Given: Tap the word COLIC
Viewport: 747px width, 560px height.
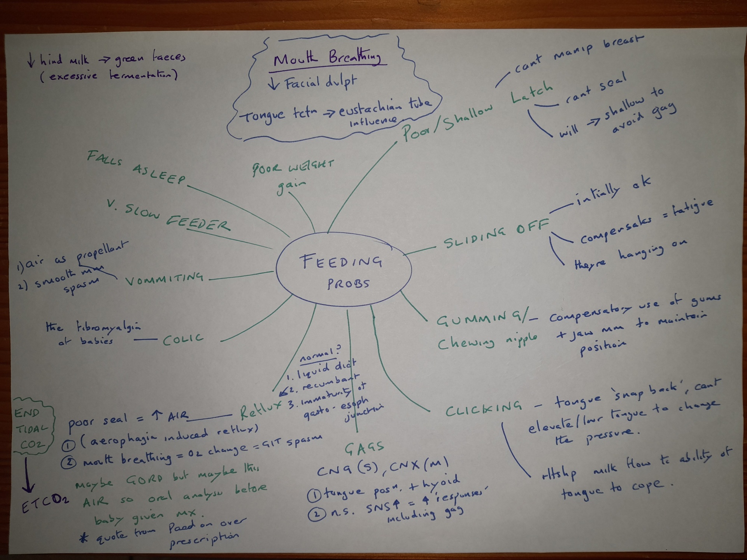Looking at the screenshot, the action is click(x=183, y=339).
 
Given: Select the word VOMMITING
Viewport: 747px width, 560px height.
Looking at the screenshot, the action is click(x=164, y=278).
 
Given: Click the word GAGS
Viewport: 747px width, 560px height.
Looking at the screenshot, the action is click(x=364, y=448).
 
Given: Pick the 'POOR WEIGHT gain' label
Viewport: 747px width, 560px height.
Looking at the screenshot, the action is click(x=292, y=175).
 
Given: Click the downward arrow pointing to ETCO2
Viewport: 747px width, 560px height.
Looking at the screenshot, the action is click(x=28, y=475).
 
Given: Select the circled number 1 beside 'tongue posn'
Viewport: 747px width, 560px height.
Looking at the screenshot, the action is click(x=314, y=495).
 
